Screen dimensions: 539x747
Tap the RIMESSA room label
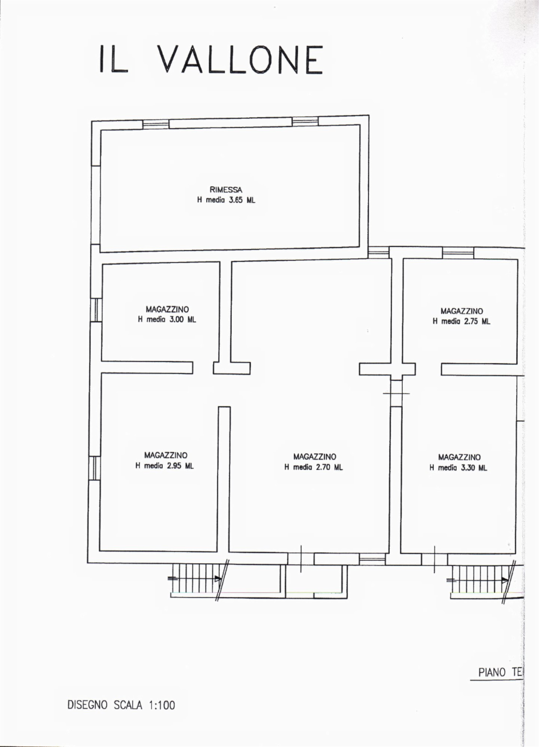point(226,190)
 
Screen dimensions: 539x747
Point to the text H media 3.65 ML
point(226,200)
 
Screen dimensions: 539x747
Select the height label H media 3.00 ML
point(167,320)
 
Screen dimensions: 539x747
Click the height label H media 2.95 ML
point(164,466)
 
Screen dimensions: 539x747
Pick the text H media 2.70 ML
point(314,467)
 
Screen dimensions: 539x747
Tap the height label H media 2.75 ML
point(461,322)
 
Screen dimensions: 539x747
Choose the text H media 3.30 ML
point(458,468)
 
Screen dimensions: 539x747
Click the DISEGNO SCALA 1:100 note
point(121,706)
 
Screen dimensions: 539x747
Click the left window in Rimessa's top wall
point(155,125)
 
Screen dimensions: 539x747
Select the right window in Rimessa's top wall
point(305,121)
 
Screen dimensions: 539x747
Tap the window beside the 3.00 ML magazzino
point(96,310)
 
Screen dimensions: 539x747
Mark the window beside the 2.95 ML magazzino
point(94,468)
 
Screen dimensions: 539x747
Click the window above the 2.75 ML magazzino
point(458,253)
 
